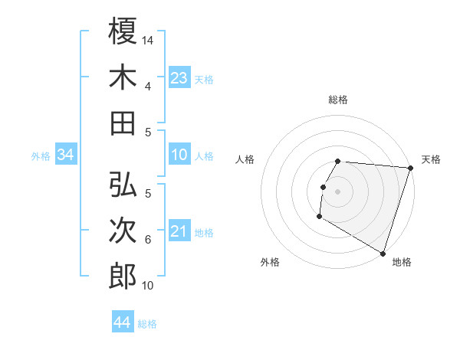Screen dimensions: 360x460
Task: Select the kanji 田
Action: [123, 122]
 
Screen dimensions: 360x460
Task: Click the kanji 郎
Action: [123, 275]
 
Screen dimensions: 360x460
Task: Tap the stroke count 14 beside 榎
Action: [148, 38]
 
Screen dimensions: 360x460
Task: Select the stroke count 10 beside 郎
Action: [148, 286]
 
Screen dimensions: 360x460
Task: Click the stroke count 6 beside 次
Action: [148, 240]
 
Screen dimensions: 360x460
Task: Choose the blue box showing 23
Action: [179, 77]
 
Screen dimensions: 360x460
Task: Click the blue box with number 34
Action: [65, 155]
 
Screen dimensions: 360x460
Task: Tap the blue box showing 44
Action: [122, 322]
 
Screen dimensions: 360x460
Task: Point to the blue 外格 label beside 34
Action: [41, 156]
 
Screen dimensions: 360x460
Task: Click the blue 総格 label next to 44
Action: [147, 324]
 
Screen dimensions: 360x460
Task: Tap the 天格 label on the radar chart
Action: [431, 159]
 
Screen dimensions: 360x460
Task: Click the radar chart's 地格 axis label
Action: [401, 262]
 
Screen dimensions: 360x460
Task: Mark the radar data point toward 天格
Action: [410, 168]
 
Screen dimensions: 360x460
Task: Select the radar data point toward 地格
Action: [382, 253]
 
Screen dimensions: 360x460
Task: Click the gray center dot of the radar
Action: [337, 191]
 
